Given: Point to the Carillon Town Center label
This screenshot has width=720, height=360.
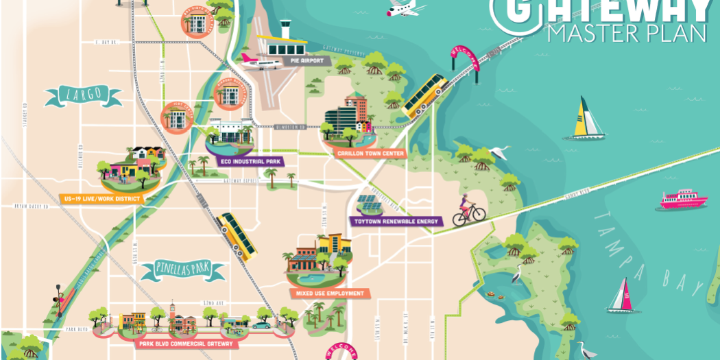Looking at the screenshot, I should click(x=370, y=153).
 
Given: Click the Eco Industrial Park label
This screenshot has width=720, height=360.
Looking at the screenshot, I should click(x=249, y=161).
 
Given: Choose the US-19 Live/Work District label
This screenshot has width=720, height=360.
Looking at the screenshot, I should click(x=101, y=199).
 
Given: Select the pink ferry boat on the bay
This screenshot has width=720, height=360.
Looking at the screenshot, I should click(x=683, y=200).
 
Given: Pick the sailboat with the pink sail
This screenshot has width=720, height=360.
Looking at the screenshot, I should click(x=622, y=297).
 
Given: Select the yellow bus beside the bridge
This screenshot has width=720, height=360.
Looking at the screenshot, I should click(x=425, y=95).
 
